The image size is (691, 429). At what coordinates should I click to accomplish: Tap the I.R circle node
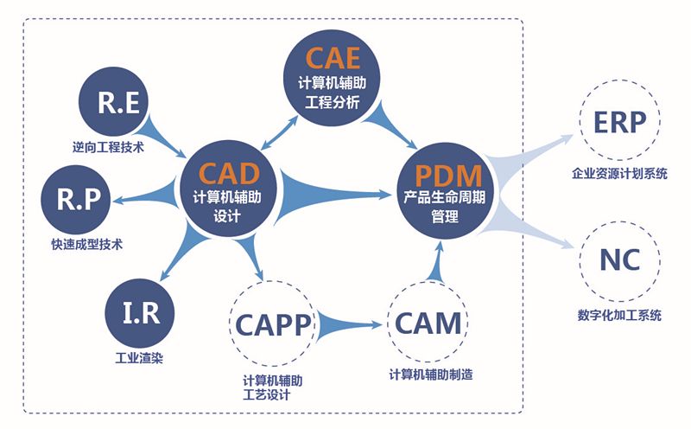pos(139,312)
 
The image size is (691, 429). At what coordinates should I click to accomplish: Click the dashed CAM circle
pos(428,323)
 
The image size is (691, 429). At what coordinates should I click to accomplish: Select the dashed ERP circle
pos(619,123)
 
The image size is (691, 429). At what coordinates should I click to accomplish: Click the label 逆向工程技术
pos(108,147)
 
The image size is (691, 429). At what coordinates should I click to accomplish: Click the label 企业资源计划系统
pos(619,175)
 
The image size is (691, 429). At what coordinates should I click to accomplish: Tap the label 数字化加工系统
pos(619,316)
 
